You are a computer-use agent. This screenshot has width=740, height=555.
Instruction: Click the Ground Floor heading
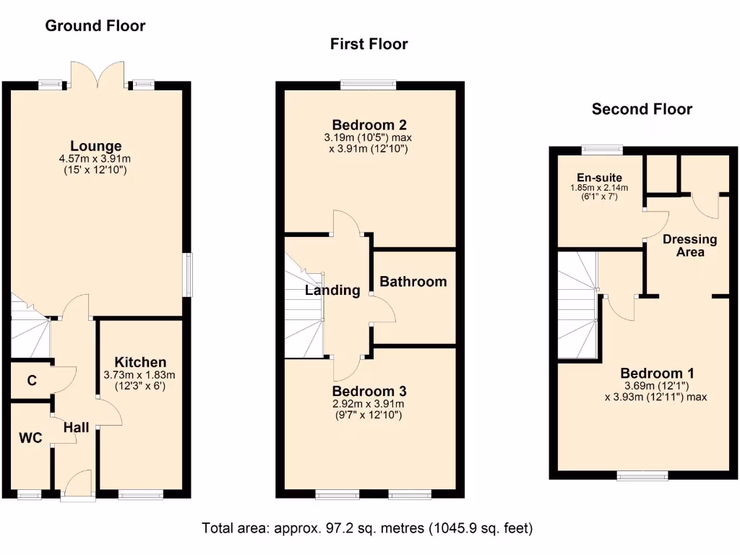(x=95, y=26)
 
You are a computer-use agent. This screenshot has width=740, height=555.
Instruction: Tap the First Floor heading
(x=369, y=44)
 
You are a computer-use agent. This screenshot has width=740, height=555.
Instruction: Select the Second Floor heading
(x=642, y=109)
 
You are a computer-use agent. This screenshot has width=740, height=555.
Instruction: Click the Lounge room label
(x=95, y=147)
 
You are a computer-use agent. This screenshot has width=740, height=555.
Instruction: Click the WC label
(x=30, y=438)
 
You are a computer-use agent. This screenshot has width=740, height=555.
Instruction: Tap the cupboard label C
(x=32, y=380)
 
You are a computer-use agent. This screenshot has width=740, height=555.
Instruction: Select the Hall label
(x=76, y=428)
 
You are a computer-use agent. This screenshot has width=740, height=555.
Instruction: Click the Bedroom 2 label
(x=369, y=124)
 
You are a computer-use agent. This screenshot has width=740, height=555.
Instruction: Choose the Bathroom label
(x=413, y=281)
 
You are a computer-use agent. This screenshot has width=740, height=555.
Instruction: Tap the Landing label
(x=332, y=291)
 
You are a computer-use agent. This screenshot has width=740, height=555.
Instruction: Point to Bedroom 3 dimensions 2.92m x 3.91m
(x=369, y=404)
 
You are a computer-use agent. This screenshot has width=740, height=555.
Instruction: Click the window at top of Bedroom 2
(x=369, y=85)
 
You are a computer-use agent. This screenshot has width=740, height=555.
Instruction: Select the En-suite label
(x=599, y=177)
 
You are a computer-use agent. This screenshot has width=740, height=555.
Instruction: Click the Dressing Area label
(x=689, y=245)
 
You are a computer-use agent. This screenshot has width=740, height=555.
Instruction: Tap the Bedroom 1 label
(x=657, y=374)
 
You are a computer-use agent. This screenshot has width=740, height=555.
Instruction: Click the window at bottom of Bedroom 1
(x=642, y=475)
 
